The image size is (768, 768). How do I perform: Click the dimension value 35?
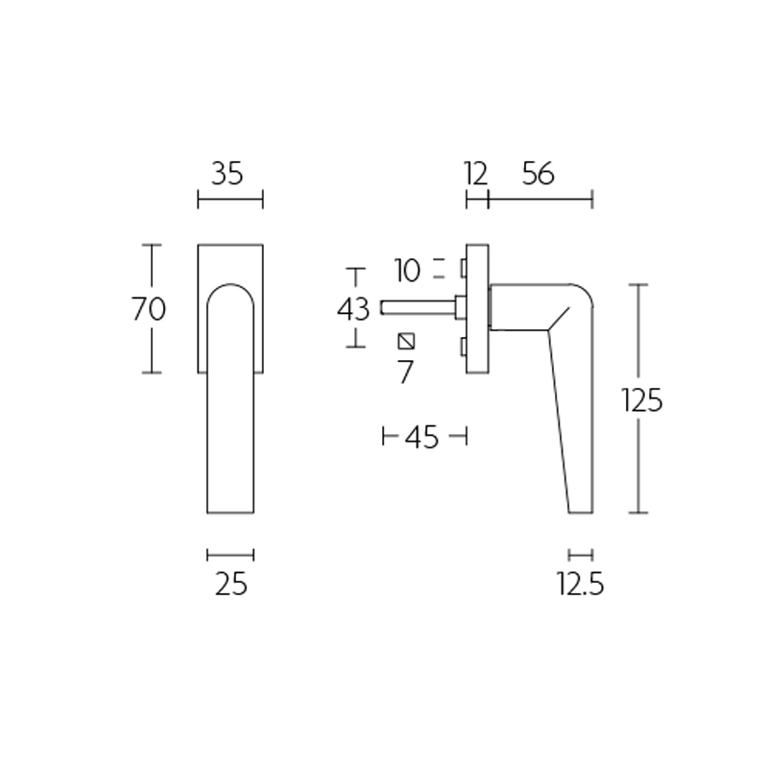228,174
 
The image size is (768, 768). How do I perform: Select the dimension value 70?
149,309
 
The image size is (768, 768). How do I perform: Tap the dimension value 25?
231,584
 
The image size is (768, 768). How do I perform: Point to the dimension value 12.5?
580,584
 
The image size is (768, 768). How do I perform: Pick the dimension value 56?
539,174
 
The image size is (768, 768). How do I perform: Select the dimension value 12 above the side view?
475,174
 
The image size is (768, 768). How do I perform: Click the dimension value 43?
353,309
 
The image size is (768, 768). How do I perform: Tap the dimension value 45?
422,438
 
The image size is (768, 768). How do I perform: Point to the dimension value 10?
407,271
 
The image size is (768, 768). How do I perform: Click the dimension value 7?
405,372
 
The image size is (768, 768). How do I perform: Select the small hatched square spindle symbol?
405,341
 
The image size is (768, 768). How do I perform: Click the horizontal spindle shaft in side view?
418,308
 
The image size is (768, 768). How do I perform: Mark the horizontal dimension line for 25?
230,554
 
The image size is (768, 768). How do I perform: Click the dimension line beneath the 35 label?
229,200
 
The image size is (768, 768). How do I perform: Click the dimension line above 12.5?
580,554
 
